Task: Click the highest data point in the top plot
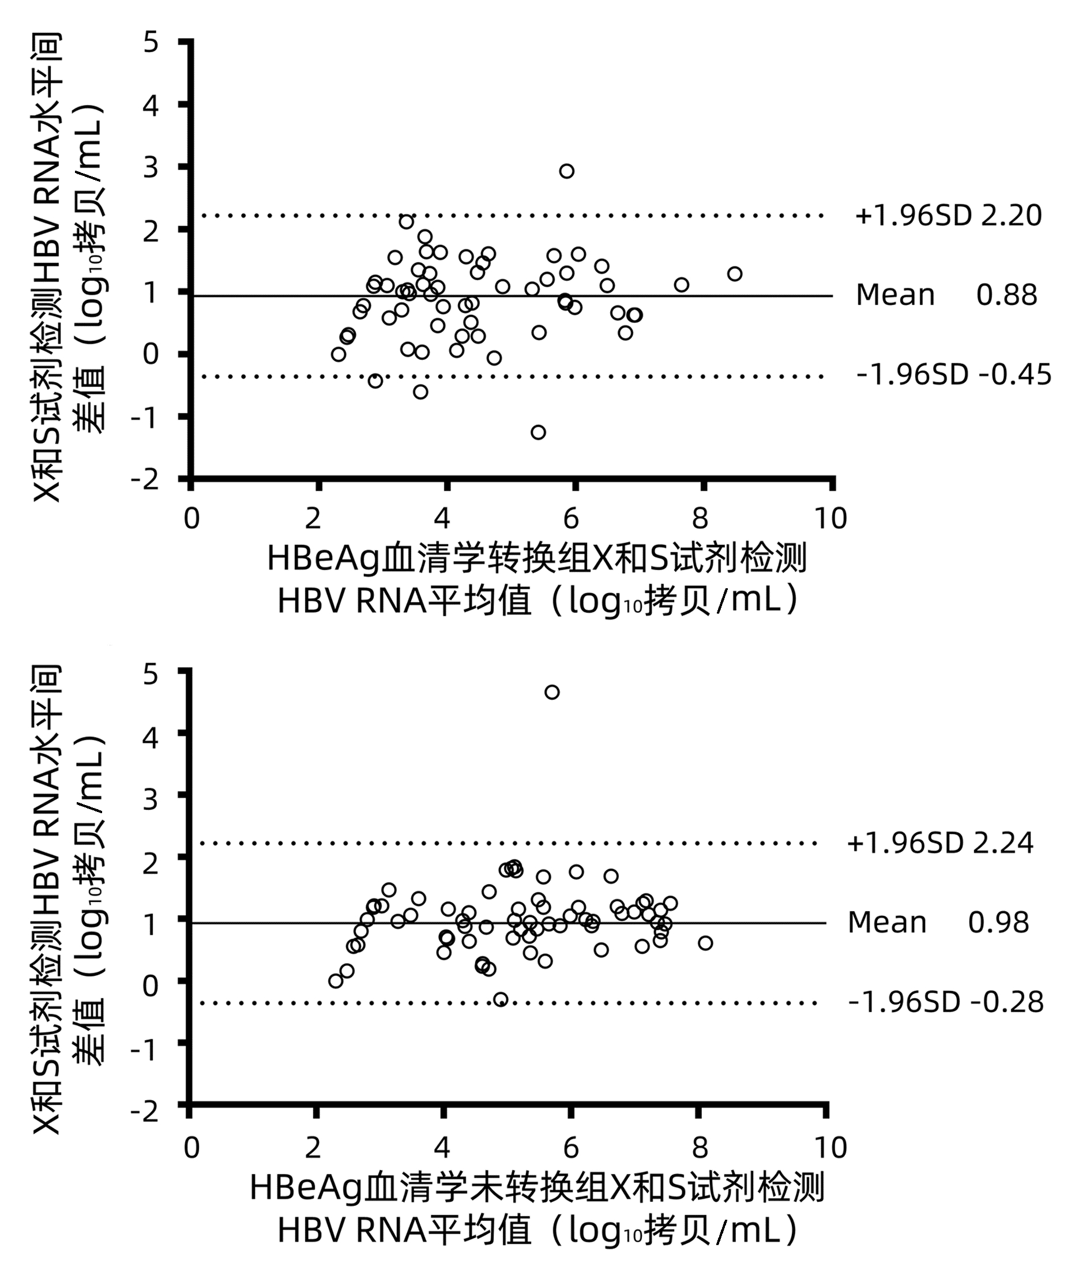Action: point(566,171)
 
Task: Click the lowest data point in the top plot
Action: point(538,433)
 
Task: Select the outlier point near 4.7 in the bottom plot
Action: point(552,692)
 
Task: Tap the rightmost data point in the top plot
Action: point(735,274)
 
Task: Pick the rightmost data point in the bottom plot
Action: point(705,943)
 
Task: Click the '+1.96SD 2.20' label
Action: point(948,216)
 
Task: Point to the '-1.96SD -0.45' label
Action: point(953,375)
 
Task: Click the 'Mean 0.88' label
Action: point(946,295)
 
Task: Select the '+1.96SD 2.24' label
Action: point(940,843)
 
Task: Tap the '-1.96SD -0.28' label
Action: point(946,1002)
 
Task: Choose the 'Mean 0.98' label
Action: point(938,922)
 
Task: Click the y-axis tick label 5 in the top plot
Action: point(151,43)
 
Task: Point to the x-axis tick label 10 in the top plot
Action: point(830,518)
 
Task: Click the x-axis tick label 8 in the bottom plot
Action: point(700,1148)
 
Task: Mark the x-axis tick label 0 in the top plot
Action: point(191,518)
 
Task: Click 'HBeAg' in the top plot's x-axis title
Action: point(323,558)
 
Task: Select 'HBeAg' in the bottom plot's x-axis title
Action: point(305,1187)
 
